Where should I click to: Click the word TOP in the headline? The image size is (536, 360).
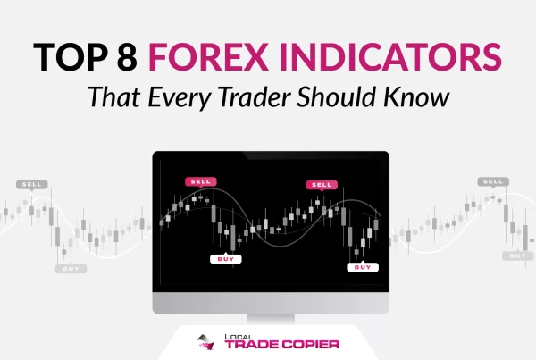point(70,57)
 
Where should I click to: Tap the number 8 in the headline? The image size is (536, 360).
point(127,57)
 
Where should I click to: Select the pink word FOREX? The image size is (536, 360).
point(208,57)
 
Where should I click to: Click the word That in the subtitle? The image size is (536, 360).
point(114,96)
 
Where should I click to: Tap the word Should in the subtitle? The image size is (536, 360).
point(337,96)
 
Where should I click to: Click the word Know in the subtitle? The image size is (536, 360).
point(416,96)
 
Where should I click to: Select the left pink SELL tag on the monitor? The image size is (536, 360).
point(201,182)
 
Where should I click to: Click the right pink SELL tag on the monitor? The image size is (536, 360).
point(322,185)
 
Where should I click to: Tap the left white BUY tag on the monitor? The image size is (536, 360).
point(226,259)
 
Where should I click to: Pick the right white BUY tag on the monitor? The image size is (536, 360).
point(363,267)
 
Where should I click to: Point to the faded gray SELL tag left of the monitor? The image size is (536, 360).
point(32,185)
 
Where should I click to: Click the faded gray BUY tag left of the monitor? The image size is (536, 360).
point(71,269)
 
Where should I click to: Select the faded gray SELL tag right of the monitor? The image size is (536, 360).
point(493,181)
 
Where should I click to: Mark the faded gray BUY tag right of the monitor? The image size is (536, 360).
point(518,255)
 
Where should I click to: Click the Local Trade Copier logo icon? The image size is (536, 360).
point(206,342)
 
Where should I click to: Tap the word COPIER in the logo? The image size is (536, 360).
point(311,344)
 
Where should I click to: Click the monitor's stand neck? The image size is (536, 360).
point(271,319)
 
